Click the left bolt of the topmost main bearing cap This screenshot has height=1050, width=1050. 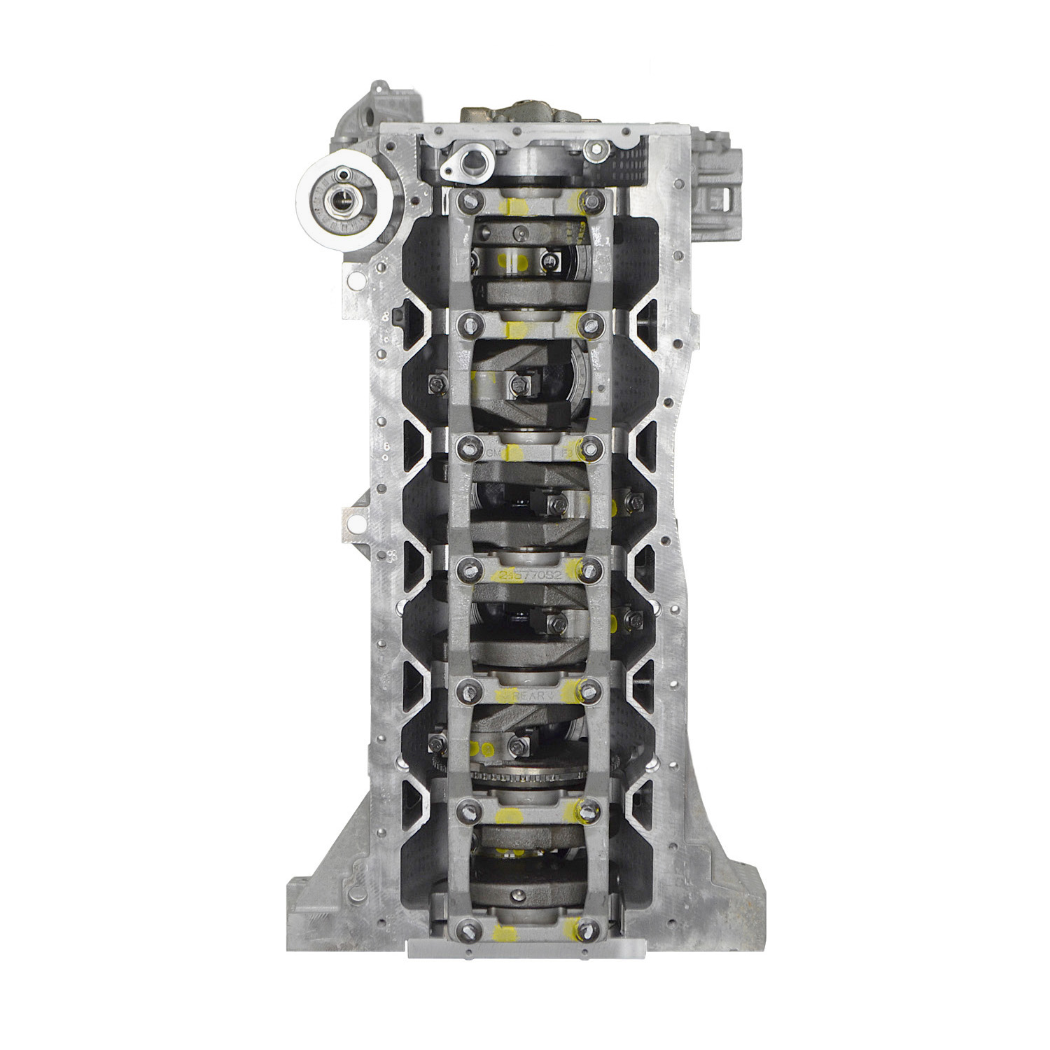tap(465, 200)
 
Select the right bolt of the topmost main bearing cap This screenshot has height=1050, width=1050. tap(593, 199)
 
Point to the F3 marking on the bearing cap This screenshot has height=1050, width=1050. tap(567, 454)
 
